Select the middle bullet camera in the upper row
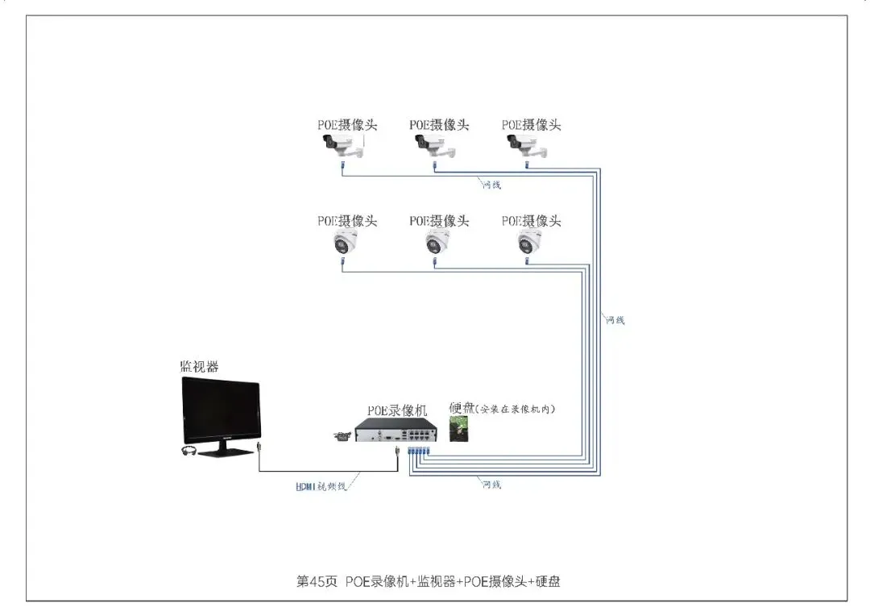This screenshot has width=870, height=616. coord(435,146)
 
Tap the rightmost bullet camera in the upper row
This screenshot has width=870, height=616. coord(527,146)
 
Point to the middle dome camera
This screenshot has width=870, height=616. coord(438,241)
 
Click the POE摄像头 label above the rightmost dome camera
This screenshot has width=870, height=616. coord(531,221)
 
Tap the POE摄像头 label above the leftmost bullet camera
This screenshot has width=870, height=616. coord(346,125)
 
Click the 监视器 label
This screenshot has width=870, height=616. coord(199,367)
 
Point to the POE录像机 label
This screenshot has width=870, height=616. coord(397,410)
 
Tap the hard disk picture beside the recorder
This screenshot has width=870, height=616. coord(462,428)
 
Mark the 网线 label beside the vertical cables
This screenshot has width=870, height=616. coord(615,320)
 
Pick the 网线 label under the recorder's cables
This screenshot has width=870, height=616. coord(491,485)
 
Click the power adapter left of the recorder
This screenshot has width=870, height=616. coord(342,436)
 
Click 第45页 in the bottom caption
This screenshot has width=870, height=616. coord(317,581)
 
